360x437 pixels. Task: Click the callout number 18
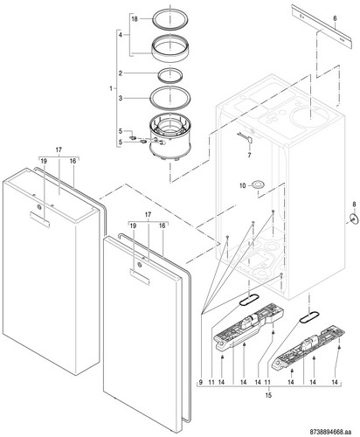[135, 19]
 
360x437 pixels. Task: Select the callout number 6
[335, 18]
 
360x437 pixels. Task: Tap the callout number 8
[354, 205]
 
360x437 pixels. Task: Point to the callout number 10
[243, 185]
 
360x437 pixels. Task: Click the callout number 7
[249, 156]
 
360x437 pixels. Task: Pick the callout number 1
[111, 88]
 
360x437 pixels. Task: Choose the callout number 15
[268, 395]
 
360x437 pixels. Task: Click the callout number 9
[201, 382]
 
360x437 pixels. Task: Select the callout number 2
[121, 73]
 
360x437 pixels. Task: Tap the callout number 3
[121, 99]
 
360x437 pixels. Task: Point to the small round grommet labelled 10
[258, 184]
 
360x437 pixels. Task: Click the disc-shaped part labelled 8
[354, 218]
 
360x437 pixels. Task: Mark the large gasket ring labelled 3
[150, 98]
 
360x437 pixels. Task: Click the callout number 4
[121, 35]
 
